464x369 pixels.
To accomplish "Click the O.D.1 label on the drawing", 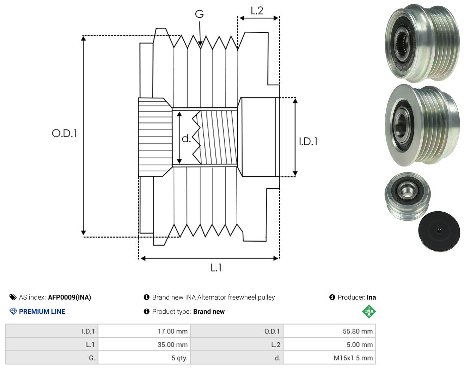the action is [64, 133].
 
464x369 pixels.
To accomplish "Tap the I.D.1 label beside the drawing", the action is [308, 142].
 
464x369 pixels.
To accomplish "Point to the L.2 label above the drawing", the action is [257, 11].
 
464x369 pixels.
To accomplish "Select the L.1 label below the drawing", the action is [216, 268].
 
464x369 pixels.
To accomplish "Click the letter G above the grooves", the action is [199, 14].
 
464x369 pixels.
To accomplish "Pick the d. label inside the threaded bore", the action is [186, 138].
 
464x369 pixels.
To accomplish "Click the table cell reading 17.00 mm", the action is [172, 331].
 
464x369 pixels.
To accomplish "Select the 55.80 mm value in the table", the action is [358, 331].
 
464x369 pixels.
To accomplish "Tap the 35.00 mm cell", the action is [172, 344].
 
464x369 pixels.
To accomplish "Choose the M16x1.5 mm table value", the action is [353, 358].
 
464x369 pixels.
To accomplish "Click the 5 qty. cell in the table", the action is [179, 358].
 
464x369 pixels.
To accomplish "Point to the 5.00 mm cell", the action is [360, 344].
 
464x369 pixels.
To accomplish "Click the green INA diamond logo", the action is [369, 311].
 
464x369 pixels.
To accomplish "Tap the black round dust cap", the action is [439, 231].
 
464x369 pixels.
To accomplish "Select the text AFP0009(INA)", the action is [69, 297].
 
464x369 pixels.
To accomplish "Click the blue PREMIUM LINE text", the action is [42, 312].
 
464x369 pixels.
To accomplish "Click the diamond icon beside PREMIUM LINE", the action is [13, 312].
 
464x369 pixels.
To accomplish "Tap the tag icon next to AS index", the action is [13, 297].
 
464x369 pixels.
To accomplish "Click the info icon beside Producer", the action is [332, 297].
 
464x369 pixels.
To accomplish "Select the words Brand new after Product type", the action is [209, 312].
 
